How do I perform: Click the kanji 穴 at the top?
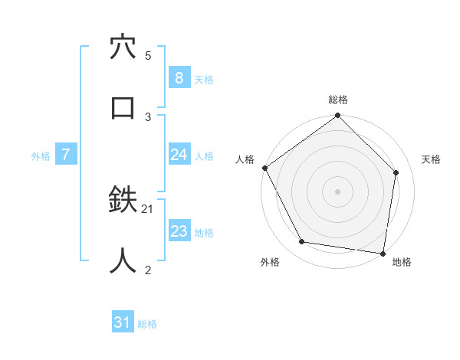coord(123,48)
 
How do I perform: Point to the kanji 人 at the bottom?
coord(123,261)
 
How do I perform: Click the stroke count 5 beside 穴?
coord(148,56)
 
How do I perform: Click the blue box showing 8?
coord(179,78)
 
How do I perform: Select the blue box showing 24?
coord(179,155)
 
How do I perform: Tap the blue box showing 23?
coord(179,231)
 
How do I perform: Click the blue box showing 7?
coord(66,155)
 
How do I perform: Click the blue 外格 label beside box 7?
coord(41,156)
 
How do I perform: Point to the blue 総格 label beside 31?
coord(147,324)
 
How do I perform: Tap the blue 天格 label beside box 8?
coord(204,80)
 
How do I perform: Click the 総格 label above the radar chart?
coord(337,100)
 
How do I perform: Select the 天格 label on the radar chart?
coord(431,159)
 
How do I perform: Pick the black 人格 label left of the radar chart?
coord(245,159)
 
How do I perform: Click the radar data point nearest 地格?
coord(383,253)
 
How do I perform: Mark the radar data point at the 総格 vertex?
coord(337,116)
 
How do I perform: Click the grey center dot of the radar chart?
coord(337,191)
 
